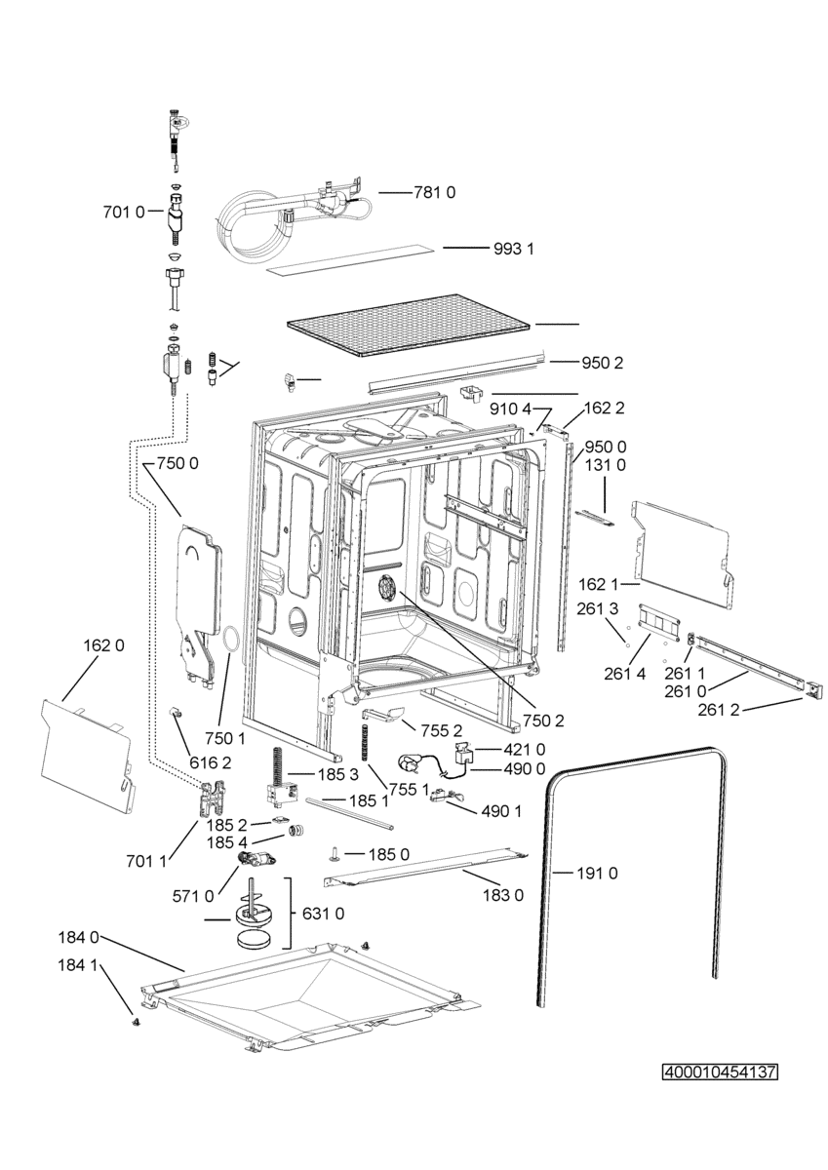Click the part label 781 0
click(434, 193)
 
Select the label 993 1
click(514, 250)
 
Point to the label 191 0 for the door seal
click(597, 873)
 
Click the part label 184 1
click(78, 966)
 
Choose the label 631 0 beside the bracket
click(324, 914)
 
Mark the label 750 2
click(543, 721)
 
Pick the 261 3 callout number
click(597, 608)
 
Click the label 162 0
click(104, 646)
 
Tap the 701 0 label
click(124, 213)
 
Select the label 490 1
click(501, 811)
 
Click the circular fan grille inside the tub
click(387, 590)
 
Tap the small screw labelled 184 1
click(136, 1020)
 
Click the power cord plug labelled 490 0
click(410, 762)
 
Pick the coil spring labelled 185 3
click(275, 766)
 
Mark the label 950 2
click(603, 363)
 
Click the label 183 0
click(503, 896)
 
